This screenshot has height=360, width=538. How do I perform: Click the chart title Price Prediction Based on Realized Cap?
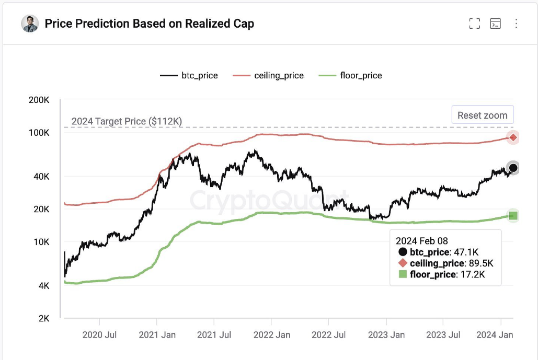(x=150, y=24)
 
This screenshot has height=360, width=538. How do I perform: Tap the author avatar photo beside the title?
(x=30, y=24)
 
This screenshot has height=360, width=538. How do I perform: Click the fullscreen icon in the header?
(x=474, y=24)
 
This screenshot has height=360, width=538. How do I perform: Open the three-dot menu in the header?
(x=516, y=24)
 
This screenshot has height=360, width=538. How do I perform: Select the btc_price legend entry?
(x=189, y=76)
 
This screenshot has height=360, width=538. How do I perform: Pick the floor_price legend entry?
(x=350, y=76)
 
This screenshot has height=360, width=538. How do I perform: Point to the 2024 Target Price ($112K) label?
(x=127, y=122)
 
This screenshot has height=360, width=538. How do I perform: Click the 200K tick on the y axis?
(x=39, y=100)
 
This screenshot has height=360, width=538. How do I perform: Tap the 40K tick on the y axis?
(x=40, y=177)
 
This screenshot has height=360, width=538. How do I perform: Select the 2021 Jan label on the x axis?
(x=157, y=335)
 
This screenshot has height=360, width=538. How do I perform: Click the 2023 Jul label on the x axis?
(x=443, y=335)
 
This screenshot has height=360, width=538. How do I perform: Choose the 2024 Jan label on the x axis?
(x=494, y=335)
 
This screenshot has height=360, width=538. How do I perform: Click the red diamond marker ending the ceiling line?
(x=513, y=137)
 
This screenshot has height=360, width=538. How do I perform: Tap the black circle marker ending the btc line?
(x=513, y=168)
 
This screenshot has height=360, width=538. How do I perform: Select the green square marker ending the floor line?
(x=513, y=215)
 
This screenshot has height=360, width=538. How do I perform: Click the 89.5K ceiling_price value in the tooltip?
(x=482, y=263)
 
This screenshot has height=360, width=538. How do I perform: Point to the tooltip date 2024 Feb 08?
(x=422, y=241)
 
